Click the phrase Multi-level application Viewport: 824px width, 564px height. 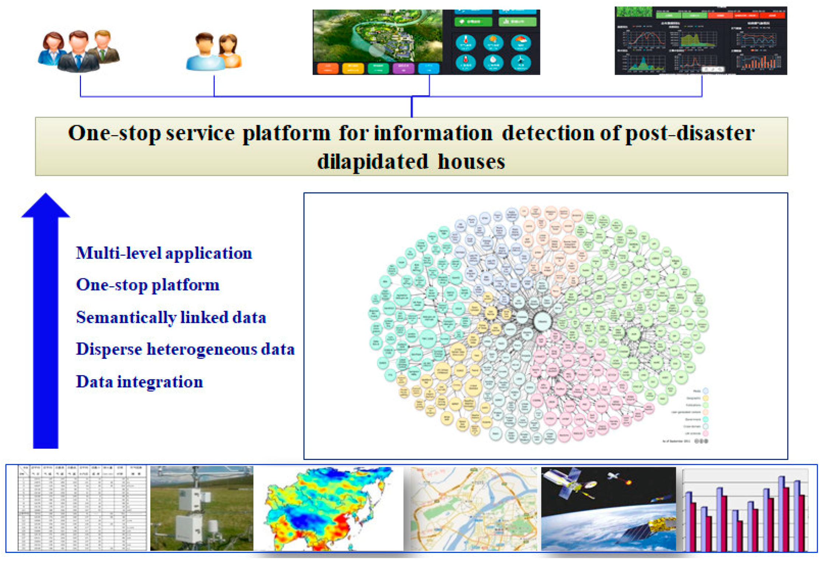coord(164,253)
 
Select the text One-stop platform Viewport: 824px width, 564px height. coord(148,285)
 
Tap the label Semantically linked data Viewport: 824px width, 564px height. coord(171,318)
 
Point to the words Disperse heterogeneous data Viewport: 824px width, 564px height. coord(185,349)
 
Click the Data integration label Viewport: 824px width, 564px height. coord(139,382)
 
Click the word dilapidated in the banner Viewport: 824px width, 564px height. coord(372,161)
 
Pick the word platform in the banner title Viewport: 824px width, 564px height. coord(286,133)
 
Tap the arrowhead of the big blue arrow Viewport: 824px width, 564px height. coord(46,206)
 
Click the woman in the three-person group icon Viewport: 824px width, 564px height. coord(53,48)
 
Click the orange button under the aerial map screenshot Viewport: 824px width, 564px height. coord(327,68)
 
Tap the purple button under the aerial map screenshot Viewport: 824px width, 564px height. coord(403,68)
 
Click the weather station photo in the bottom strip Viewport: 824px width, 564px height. coord(201,508)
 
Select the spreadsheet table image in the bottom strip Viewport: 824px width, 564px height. coord(82,508)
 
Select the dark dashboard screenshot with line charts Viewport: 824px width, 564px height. coord(701,41)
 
